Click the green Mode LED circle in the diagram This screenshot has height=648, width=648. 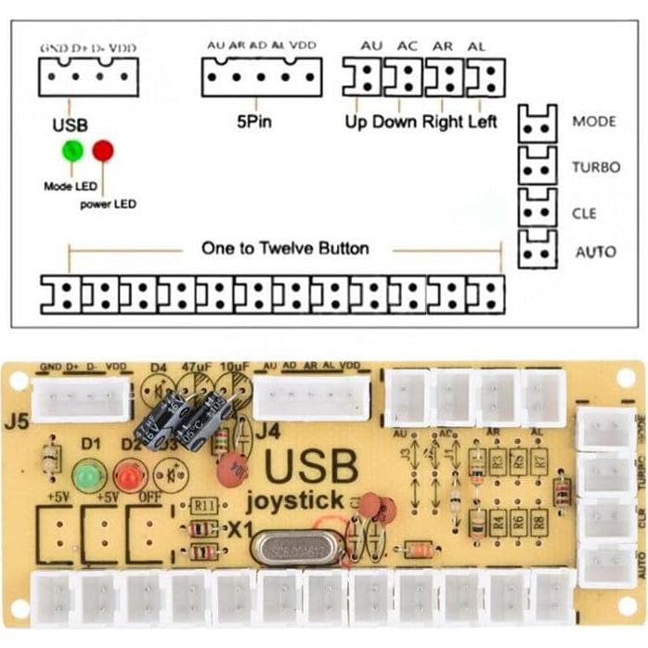71,149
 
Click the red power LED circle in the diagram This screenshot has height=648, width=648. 102,149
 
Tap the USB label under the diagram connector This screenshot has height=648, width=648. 71,122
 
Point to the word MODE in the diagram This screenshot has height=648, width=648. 593,122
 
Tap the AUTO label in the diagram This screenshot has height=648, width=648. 595,252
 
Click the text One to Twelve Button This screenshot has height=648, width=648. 285,249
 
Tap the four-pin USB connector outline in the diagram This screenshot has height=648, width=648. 88,77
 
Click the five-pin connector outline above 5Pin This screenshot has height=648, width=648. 262,77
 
